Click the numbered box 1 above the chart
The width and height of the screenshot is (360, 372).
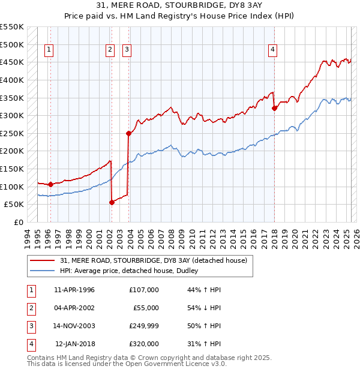coord(49,50)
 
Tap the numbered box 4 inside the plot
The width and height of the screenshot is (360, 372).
coord(272,50)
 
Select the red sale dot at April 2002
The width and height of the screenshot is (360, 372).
coord(112,202)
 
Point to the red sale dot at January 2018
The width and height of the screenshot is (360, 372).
coord(274,109)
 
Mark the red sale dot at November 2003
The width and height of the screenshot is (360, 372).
coord(128,133)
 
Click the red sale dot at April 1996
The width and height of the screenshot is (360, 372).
coord(50,184)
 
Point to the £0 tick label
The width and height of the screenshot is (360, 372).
coord(18,222)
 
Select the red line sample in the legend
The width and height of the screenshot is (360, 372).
coord(43,261)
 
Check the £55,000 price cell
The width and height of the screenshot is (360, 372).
coord(146,308)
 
